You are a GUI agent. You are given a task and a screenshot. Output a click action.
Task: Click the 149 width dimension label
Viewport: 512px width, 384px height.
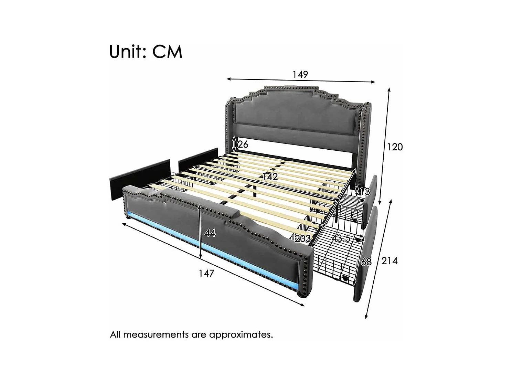point(300,74)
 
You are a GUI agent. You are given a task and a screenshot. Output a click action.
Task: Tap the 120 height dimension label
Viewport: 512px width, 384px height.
point(394,147)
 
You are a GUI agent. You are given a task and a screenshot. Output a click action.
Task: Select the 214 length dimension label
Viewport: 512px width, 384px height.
point(389,261)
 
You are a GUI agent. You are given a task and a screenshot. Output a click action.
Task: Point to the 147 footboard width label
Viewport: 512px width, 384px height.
point(206,273)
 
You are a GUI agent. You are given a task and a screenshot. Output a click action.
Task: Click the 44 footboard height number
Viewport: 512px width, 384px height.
point(210,233)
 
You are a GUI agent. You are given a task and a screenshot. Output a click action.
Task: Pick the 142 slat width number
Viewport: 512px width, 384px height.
point(270,177)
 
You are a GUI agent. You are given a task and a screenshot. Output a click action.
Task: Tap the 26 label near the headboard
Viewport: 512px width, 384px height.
point(243,145)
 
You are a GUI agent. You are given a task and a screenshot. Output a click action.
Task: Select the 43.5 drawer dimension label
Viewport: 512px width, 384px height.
point(341,238)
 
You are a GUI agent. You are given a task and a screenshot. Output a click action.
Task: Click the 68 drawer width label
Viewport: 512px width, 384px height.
point(366,262)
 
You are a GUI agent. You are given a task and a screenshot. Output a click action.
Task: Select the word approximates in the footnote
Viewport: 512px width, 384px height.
point(241,334)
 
